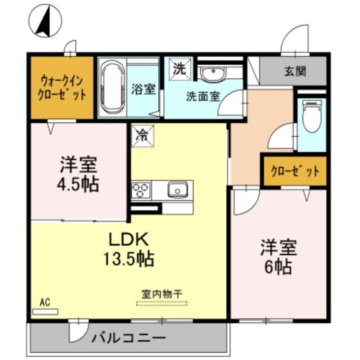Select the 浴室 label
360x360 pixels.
click(144, 89)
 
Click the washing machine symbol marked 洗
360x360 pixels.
click(180, 70)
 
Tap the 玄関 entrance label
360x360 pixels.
click(295, 71)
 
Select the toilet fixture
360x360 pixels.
click(311, 116)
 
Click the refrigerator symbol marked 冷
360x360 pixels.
click(143, 135)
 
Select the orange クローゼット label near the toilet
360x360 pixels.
click(295, 171)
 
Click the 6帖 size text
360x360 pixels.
click(278, 267)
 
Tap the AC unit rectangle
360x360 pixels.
click(45, 310)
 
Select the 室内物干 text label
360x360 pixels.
click(159, 293)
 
